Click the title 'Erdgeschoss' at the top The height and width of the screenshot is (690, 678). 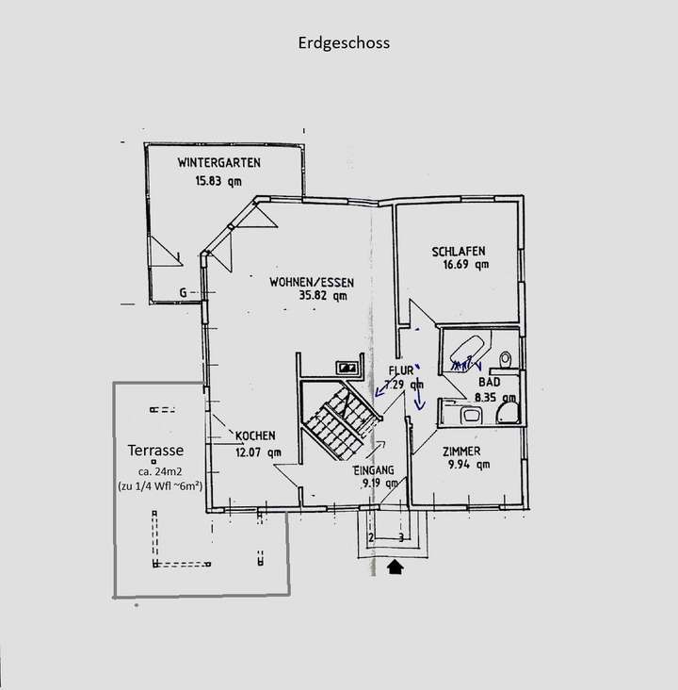point(342,42)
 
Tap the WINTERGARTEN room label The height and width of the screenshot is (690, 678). point(218,162)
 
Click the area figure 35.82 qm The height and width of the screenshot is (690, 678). point(297,296)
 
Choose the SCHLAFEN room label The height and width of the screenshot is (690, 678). point(459,251)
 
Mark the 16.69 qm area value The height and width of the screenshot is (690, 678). point(460,265)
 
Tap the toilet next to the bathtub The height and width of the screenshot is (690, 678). point(507,361)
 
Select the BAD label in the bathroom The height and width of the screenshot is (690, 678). point(489,384)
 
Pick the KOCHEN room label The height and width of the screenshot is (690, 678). point(255,435)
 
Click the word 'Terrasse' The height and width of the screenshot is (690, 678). point(156,451)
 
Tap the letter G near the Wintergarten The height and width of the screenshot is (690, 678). point(182,293)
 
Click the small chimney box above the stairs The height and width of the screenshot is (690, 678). point(349,368)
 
